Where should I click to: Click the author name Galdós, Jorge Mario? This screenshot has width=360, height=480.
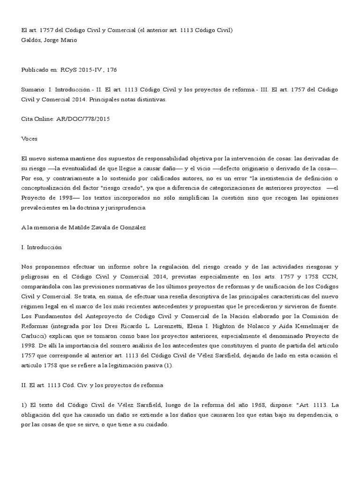point(49,40)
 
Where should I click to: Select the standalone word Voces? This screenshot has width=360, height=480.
point(30,139)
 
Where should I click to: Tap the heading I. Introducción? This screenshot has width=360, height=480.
point(42,247)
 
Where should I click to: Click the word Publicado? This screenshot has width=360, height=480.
point(38,69)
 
